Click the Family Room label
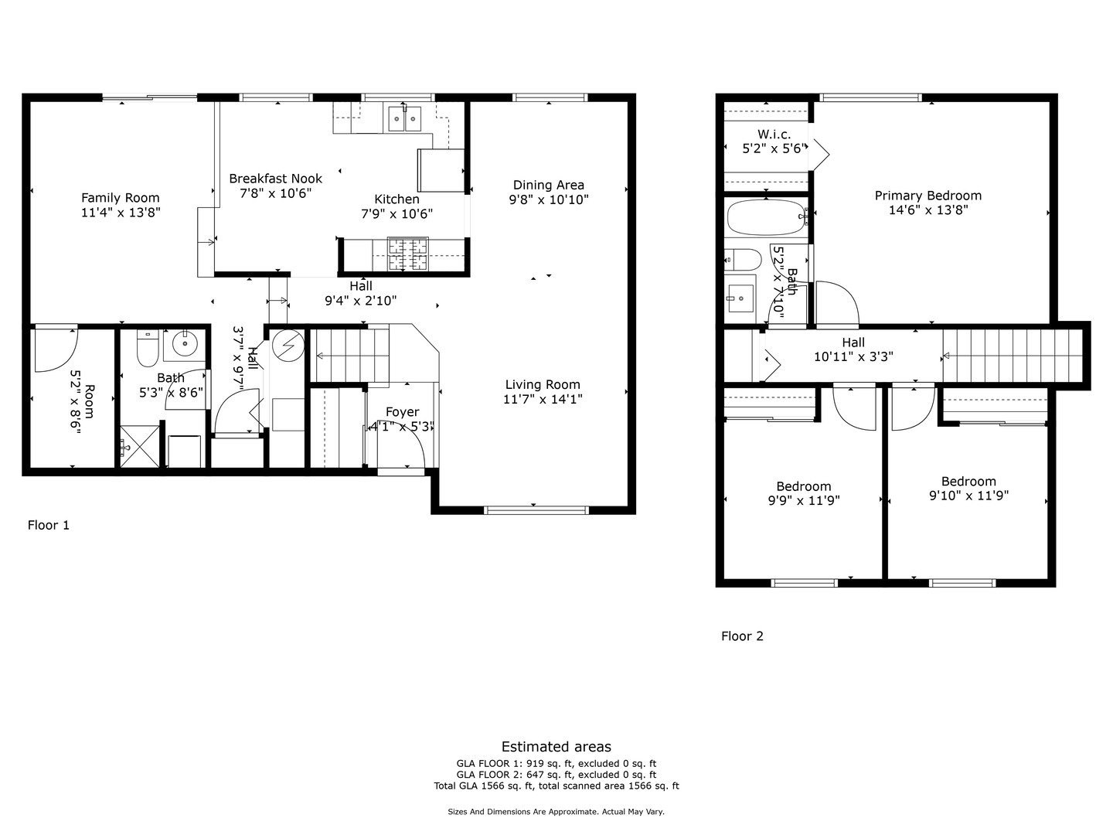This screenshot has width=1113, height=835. pos(120,198)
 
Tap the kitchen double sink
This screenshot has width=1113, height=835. pos(404,118)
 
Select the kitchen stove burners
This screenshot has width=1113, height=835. pos(407,254)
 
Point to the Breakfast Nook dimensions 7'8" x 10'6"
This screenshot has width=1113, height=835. pos(276,193)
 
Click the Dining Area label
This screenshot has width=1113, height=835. pos(549,185)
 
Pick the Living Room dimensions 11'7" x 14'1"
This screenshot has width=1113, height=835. pos(543,399)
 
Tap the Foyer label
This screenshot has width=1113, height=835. pos(402,412)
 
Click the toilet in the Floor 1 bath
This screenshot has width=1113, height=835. pos(147,349)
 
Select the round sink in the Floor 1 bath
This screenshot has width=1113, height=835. pos(185,343)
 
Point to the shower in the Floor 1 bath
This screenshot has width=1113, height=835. pos(138,448)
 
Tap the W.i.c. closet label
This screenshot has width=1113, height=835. pos(774,135)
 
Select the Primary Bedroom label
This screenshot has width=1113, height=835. pos(927,196)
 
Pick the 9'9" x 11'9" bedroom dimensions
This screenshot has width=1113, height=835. pos(804,500)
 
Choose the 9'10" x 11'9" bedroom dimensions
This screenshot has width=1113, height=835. pos(968,496)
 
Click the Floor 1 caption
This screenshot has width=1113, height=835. pos(49,525)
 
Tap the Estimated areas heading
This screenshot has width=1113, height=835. pos(556,747)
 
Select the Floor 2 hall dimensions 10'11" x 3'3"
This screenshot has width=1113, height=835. pos(853,357)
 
